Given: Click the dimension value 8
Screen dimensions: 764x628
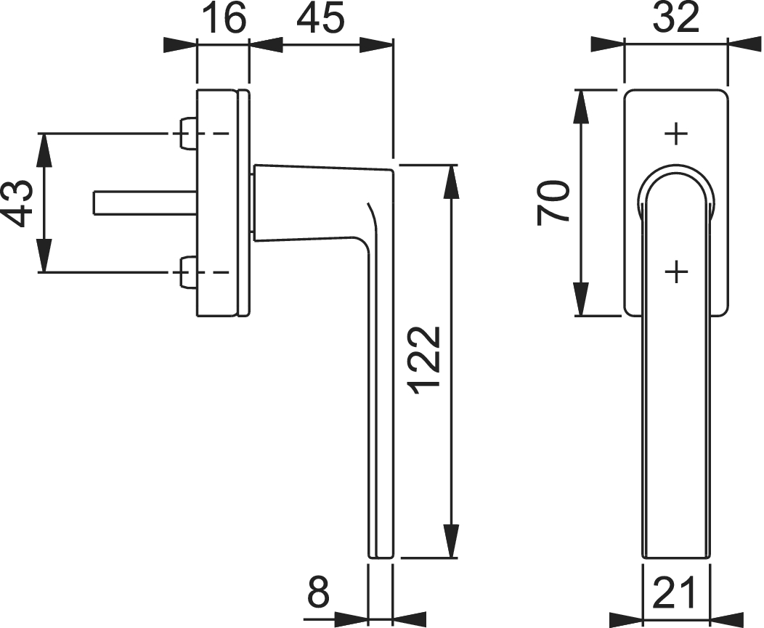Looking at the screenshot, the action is pyautogui.click(x=319, y=592).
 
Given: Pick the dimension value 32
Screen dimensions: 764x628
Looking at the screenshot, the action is pyautogui.click(x=676, y=18).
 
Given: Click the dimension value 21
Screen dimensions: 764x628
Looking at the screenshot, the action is pyautogui.click(x=674, y=592).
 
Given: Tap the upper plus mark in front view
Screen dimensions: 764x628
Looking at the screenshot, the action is pyautogui.click(x=676, y=134).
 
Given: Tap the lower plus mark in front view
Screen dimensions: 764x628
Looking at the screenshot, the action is pyautogui.click(x=676, y=272).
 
